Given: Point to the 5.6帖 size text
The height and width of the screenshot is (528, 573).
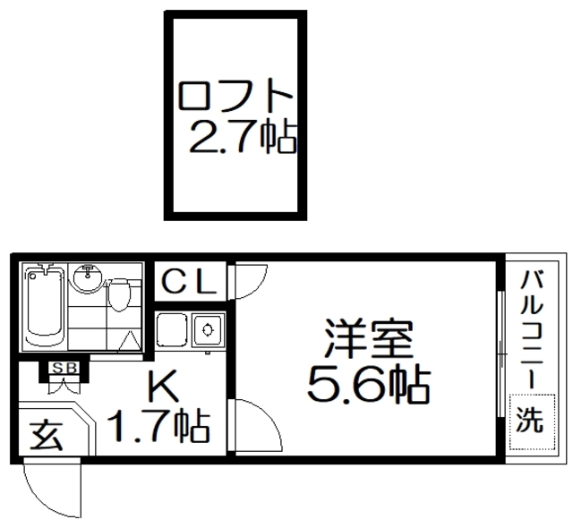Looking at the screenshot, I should click(x=368, y=384).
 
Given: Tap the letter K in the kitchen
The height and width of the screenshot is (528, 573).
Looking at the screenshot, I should click(x=160, y=387).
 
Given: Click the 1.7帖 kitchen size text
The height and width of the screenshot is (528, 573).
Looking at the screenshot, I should click(x=158, y=423).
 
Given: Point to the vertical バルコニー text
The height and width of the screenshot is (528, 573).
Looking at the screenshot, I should click(x=529, y=329).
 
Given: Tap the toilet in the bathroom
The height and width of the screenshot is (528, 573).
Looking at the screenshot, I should click(x=119, y=293).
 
